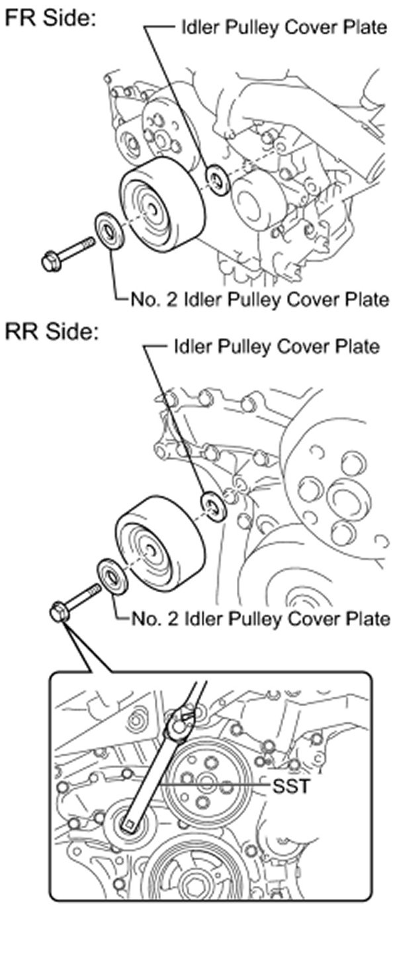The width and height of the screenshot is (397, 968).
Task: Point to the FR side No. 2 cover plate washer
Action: click(x=109, y=231)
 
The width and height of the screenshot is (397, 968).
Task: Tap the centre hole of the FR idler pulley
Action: click(x=154, y=210)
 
